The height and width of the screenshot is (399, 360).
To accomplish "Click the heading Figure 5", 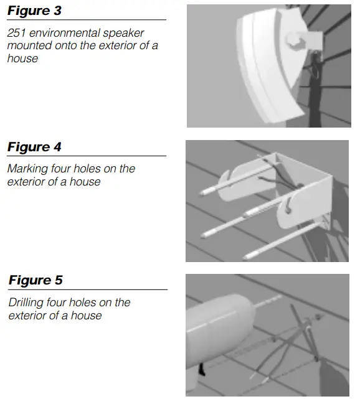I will pos(36,281).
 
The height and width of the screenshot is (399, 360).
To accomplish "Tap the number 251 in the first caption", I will pos(16,34).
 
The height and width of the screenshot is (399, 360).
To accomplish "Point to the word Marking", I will pos(26,169).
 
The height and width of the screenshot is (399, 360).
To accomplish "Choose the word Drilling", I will pos(24,303).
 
